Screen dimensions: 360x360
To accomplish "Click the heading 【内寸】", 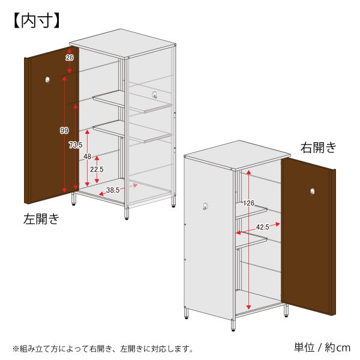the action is point(37,20).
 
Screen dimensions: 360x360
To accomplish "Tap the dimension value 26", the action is point(70,58).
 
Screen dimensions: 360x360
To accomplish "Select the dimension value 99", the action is point(64,130).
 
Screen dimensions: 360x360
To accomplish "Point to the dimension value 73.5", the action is point(76,145).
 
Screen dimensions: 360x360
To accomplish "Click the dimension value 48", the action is point(87,157).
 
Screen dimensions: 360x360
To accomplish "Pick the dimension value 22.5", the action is point(97,169).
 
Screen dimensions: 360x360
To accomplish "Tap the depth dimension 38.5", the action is point(113,190).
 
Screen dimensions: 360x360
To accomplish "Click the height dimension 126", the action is point(249,203).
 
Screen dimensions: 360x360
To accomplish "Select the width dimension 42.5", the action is point(263,227).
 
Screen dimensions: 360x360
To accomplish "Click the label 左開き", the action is point(41,218).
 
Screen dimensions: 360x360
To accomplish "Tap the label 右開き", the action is point(319,147).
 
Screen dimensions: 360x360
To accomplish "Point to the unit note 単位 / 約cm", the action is point(322,347).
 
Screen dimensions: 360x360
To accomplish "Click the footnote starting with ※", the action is point(103,349).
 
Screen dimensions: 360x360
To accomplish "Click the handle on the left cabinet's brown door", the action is point(47,80).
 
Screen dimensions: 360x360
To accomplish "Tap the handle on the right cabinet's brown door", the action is point(312,191).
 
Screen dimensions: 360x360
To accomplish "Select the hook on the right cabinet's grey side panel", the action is point(205,206).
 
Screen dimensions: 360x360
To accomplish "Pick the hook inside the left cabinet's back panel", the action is point(155,94).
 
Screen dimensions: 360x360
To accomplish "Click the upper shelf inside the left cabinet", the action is point(132,101).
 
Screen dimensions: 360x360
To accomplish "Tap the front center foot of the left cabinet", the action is point(126,213).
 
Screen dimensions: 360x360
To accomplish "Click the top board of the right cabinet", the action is point(237,155).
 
